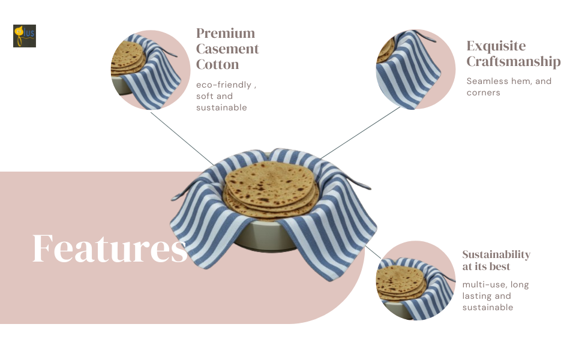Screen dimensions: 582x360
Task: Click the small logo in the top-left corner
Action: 25,36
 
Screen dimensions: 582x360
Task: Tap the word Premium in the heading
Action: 226,34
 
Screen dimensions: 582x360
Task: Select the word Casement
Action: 227,49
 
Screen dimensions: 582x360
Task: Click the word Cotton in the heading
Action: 217,65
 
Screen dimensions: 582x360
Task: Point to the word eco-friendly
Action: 224,85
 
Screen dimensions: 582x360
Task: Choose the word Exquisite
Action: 496,46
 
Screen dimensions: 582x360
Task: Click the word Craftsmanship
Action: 514,62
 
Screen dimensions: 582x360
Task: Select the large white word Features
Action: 110,248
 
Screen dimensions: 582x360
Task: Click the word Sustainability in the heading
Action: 496,254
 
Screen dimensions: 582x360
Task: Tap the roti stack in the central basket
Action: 270,183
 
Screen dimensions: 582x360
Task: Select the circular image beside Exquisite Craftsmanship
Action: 415,69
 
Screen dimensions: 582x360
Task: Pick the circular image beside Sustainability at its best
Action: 415,281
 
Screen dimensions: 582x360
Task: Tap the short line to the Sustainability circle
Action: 373,252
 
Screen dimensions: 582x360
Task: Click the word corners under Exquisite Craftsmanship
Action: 484,93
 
